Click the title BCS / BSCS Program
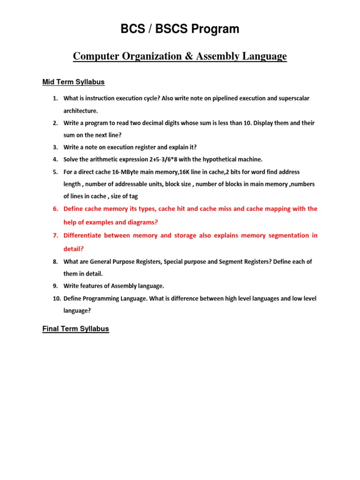click(180, 29)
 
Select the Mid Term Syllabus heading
click(73, 82)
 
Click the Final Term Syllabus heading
click(75, 329)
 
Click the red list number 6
click(55, 209)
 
